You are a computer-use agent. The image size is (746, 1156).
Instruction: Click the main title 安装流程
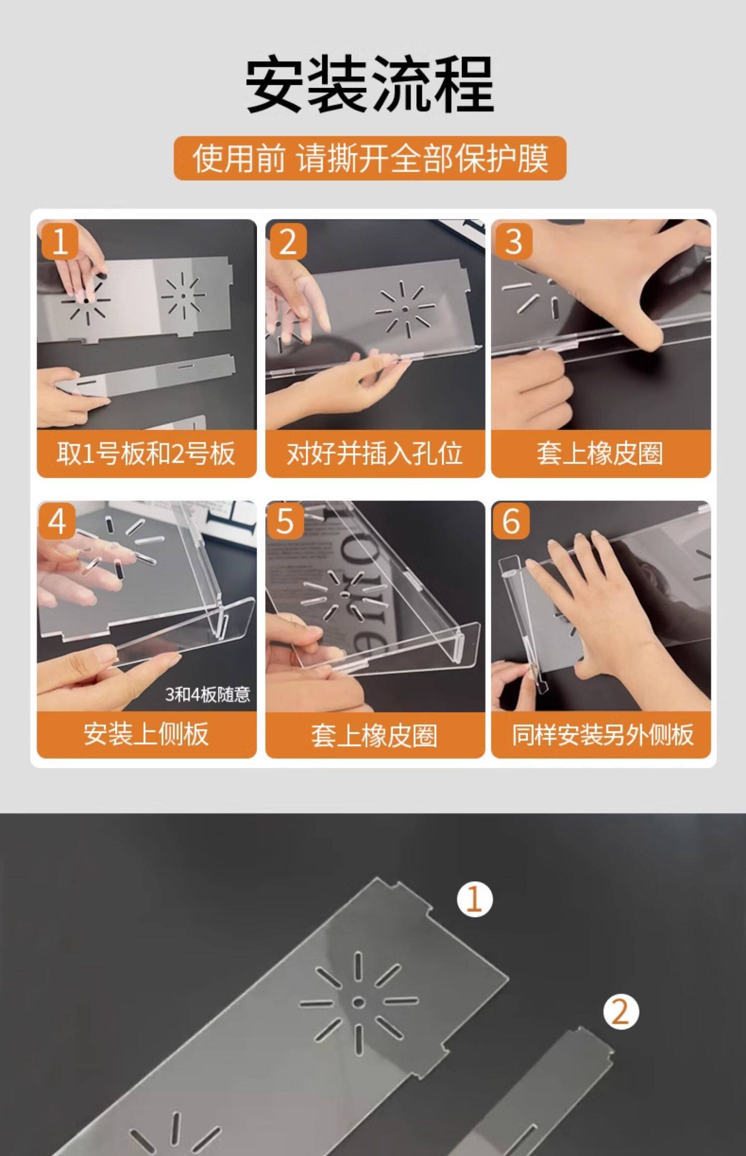(371, 85)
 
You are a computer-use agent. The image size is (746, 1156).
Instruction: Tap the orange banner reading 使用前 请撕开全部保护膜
(370, 158)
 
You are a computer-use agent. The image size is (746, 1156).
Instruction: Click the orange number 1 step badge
(60, 241)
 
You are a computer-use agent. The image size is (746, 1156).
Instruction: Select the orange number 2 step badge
(288, 241)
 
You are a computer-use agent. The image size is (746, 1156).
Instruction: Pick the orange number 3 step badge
(513, 241)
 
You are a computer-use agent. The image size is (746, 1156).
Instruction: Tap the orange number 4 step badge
(57, 521)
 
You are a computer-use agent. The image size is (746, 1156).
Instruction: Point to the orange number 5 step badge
(285, 521)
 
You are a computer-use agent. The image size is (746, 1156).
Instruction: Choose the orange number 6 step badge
(511, 521)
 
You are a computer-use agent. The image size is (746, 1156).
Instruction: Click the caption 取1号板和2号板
(146, 454)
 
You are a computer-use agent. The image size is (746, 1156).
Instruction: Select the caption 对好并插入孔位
(374, 454)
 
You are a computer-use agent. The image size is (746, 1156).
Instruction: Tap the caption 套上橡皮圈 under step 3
(600, 454)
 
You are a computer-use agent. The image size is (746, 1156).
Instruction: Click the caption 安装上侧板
(146, 734)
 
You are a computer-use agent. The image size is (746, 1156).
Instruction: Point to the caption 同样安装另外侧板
(603, 735)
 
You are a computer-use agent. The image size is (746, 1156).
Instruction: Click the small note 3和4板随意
(207, 694)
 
